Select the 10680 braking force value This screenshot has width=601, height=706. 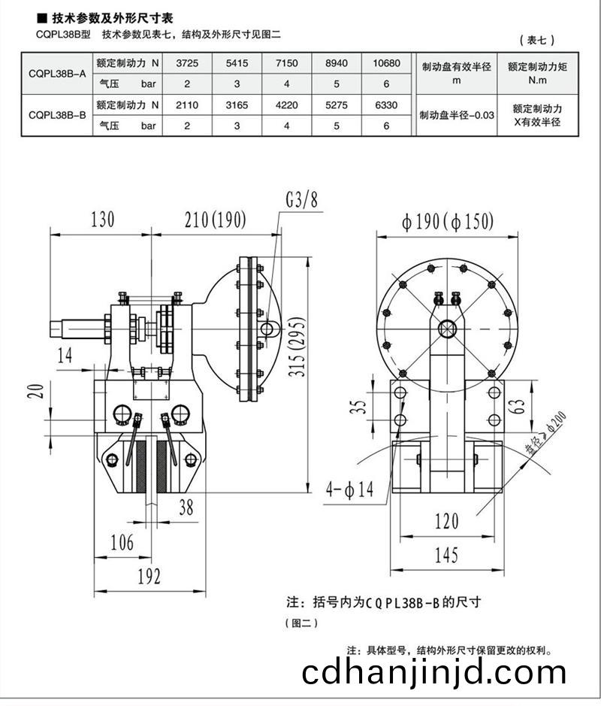pos(386,64)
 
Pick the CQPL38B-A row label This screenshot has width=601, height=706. pos(56,74)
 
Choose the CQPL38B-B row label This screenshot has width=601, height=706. pos(56,115)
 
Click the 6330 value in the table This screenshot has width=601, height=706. pos(386,105)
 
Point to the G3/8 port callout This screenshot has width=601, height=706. pos(301,199)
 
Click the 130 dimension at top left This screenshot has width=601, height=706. pos(102,220)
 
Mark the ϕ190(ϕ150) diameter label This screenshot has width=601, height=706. pos(447,222)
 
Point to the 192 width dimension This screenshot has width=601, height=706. pos(149,576)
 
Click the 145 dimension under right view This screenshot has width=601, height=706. pos(445,556)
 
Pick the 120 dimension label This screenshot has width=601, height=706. pos(446,520)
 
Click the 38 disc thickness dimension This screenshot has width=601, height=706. pos(186,509)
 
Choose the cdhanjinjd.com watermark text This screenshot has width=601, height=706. pos(434,671)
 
